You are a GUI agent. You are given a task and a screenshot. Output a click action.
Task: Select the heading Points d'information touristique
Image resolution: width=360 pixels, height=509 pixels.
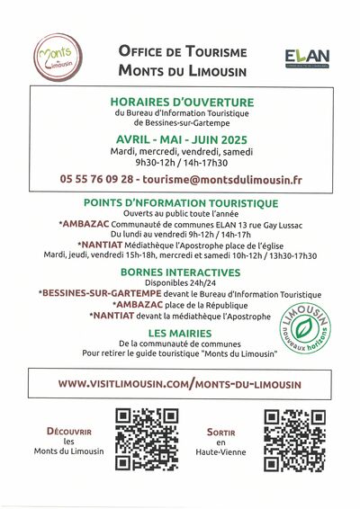181,203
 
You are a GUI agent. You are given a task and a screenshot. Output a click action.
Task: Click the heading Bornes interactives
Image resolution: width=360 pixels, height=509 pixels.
181,272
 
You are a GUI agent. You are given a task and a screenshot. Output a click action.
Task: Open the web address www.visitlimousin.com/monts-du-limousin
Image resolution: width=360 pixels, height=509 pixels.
180,383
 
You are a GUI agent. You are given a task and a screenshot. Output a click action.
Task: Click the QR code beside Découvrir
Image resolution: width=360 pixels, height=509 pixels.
147,441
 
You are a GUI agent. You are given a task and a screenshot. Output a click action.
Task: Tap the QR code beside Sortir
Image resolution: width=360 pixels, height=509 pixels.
293,441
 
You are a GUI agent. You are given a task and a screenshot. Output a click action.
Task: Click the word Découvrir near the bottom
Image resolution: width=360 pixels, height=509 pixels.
69,431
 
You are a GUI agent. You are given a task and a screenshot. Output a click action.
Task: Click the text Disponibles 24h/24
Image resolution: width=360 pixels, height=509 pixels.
181,283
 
